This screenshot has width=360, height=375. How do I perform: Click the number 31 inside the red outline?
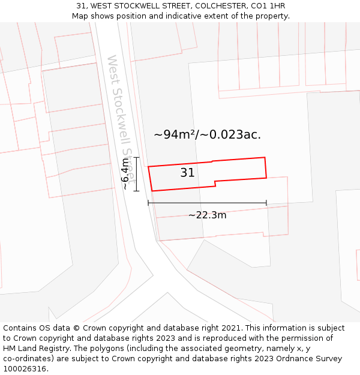(187, 173)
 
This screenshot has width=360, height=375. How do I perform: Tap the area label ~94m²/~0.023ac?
(207, 135)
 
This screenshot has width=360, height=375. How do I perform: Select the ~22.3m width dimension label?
(207, 215)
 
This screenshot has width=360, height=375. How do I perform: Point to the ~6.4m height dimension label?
(125, 174)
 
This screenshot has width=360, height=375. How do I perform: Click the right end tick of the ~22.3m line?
(266, 203)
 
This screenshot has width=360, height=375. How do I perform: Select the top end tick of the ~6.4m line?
(137, 158)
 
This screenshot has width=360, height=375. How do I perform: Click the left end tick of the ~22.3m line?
(148, 203)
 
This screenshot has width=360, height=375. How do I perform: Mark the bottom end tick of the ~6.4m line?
(137, 191)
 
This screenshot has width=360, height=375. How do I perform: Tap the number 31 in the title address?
(81, 6)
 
